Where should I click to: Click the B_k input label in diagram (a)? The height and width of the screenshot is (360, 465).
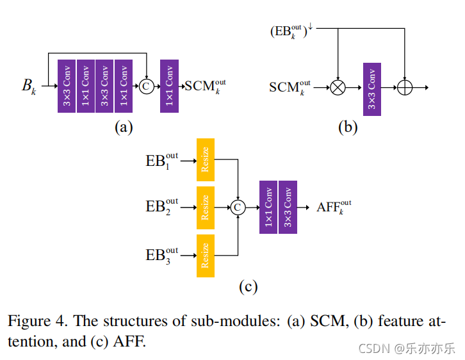(29, 86)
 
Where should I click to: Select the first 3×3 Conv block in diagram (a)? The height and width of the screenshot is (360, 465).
(67, 86)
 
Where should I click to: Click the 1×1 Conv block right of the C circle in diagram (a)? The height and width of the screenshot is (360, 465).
(169, 86)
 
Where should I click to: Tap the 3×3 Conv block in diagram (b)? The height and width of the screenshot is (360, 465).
(372, 89)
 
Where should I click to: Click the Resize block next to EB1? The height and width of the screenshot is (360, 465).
(206, 160)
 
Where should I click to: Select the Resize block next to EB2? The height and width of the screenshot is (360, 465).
(206, 208)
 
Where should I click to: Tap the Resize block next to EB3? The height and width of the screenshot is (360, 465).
(206, 255)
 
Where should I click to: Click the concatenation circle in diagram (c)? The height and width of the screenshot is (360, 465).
(238, 208)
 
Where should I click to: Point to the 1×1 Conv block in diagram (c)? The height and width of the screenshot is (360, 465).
(268, 207)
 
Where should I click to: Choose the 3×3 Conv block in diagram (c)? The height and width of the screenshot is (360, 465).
(288, 207)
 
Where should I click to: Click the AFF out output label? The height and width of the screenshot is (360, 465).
(333, 207)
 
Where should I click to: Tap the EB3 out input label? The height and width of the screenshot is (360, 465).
(162, 255)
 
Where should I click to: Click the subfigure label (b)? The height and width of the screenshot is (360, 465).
(348, 127)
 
